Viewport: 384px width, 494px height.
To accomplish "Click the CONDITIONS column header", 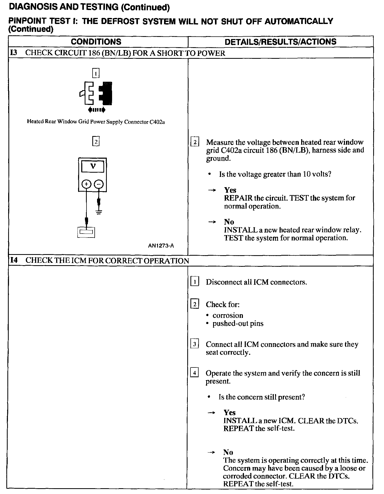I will [96, 42].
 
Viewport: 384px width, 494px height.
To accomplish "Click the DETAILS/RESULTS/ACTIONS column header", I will [280, 42].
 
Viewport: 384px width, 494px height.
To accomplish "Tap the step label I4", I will [14, 260].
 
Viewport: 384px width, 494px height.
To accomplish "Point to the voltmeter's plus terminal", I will [86, 184].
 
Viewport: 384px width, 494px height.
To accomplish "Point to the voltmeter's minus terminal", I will [99, 184].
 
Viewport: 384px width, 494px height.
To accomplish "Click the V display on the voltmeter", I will [93, 166].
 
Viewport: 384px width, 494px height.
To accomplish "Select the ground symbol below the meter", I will [99, 212].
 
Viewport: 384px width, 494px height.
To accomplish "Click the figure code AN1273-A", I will [161, 246].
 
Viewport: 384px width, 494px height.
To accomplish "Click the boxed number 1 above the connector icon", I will [96, 73].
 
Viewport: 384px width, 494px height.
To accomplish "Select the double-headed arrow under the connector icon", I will [97, 110].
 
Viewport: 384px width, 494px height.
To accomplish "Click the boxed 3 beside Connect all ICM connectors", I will [195, 344].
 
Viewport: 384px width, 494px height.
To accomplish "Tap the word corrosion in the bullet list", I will [228, 316].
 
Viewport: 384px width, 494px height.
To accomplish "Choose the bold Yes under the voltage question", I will [230, 190].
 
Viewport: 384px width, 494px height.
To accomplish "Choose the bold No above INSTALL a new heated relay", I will [229, 222].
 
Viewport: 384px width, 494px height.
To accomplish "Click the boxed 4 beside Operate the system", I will [195, 373].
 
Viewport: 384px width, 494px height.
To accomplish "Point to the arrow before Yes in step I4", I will [212, 413].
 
